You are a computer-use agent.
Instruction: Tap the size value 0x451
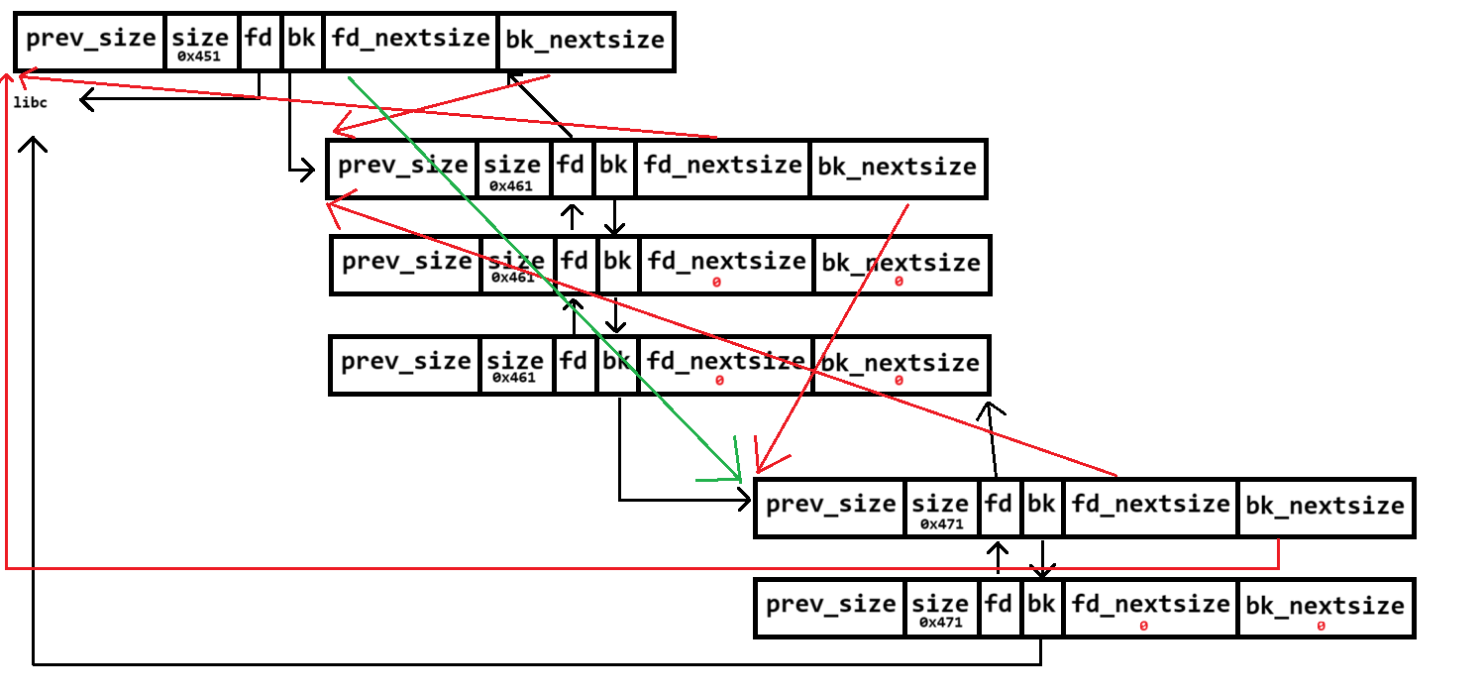click(x=200, y=57)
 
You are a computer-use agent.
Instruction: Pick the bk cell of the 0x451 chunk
click(x=302, y=41)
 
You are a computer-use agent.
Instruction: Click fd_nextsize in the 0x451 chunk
click(x=410, y=40)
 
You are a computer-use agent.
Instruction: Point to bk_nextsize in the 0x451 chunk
click(x=584, y=41)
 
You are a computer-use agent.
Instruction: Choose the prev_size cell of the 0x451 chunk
click(x=91, y=40)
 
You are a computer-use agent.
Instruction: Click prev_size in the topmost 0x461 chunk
click(x=403, y=166)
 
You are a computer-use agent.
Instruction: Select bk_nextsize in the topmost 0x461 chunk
click(x=897, y=168)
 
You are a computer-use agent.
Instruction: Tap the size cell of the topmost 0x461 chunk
click(x=512, y=168)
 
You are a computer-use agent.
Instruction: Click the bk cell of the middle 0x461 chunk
click(x=617, y=263)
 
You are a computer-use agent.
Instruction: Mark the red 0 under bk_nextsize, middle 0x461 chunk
click(x=899, y=282)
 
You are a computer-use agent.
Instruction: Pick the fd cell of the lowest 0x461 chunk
click(x=574, y=362)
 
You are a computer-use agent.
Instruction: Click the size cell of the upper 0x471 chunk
click(x=940, y=507)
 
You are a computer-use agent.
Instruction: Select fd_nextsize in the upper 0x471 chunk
click(x=1150, y=505)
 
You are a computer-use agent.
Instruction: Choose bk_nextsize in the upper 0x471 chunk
click(x=1325, y=507)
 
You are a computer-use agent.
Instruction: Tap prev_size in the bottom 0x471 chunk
click(x=831, y=605)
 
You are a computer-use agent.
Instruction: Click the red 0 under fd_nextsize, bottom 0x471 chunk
click(x=1143, y=627)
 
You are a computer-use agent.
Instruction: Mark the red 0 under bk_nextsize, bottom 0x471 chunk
click(x=1322, y=627)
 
